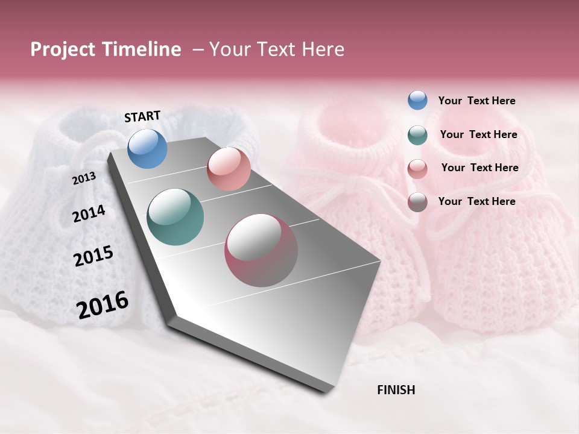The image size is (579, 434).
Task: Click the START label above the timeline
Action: [142, 116]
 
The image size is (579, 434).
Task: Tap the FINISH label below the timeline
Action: [396, 390]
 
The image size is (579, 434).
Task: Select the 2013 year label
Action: [84, 178]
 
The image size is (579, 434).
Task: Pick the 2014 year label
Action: [89, 213]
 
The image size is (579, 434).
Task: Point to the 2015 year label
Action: [93, 256]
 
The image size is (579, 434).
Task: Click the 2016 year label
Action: [103, 304]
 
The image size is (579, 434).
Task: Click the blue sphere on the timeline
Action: [147, 148]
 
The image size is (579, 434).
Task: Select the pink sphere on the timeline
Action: [229, 169]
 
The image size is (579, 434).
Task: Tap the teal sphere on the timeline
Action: [176, 217]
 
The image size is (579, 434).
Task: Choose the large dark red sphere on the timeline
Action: [261, 250]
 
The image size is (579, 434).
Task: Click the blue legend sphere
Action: [417, 101]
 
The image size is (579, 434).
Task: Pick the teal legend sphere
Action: [417, 135]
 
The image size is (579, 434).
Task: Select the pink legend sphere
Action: [417, 168]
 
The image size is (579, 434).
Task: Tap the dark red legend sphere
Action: [417, 202]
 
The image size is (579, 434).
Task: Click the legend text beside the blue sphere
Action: [476, 101]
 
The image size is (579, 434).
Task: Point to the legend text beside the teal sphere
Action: [478, 134]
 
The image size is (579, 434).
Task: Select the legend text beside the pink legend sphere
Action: [479, 168]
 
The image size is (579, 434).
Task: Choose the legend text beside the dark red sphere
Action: [476, 201]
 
